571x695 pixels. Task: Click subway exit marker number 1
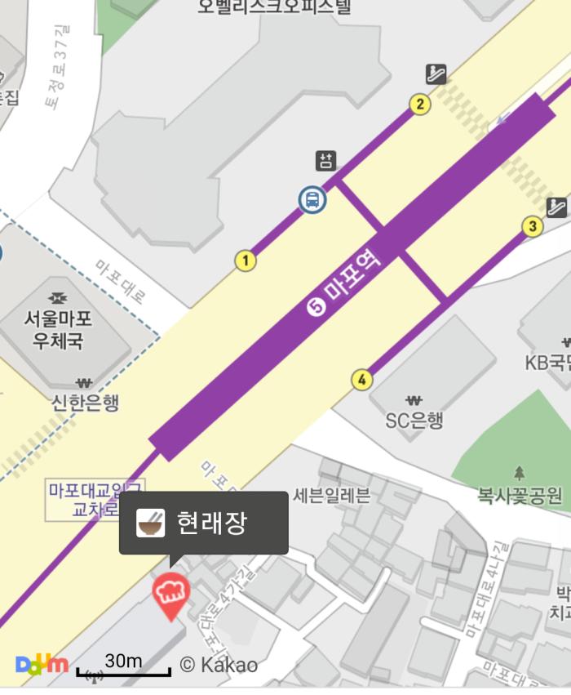pyautogui.click(x=246, y=261)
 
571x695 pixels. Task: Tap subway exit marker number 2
pyautogui.click(x=420, y=104)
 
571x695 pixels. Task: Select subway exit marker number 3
pyautogui.click(x=533, y=226)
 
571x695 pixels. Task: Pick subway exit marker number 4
pyautogui.click(x=362, y=380)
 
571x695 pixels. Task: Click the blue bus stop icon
pyautogui.click(x=312, y=199)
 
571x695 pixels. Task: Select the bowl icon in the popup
pyautogui.click(x=150, y=523)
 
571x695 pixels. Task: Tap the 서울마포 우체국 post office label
pyautogui.click(x=57, y=329)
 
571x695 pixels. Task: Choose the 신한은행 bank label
pyautogui.click(x=85, y=402)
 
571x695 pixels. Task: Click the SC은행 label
pyautogui.click(x=414, y=421)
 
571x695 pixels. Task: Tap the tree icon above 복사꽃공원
pyautogui.click(x=520, y=472)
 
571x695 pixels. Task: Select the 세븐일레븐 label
pyautogui.click(x=331, y=495)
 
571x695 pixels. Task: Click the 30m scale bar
pyautogui.click(x=123, y=667)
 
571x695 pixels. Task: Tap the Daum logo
pyautogui.click(x=42, y=663)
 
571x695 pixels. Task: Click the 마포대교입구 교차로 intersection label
pyautogui.click(x=95, y=500)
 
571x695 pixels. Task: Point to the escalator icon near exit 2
pyautogui.click(x=436, y=74)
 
